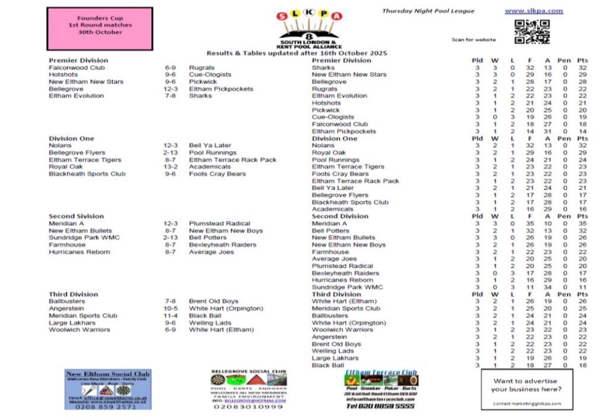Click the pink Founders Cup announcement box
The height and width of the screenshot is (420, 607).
(x=100, y=28)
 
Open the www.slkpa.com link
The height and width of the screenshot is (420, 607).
(x=533, y=11)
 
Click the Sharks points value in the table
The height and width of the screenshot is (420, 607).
(x=582, y=68)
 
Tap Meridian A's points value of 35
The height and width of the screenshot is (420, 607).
(x=582, y=223)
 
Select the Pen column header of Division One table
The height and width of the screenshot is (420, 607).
(x=564, y=138)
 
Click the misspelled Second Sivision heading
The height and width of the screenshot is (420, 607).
(x=76, y=216)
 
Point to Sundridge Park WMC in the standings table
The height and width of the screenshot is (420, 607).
(x=347, y=287)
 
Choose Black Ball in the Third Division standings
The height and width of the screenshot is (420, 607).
(x=328, y=366)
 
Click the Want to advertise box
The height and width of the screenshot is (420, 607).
(x=526, y=389)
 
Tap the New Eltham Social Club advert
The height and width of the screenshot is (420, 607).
(x=108, y=389)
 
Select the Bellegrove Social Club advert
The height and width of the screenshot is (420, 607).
(x=248, y=389)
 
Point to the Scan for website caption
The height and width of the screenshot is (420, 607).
(x=474, y=40)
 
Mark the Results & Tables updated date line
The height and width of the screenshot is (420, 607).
(x=297, y=53)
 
